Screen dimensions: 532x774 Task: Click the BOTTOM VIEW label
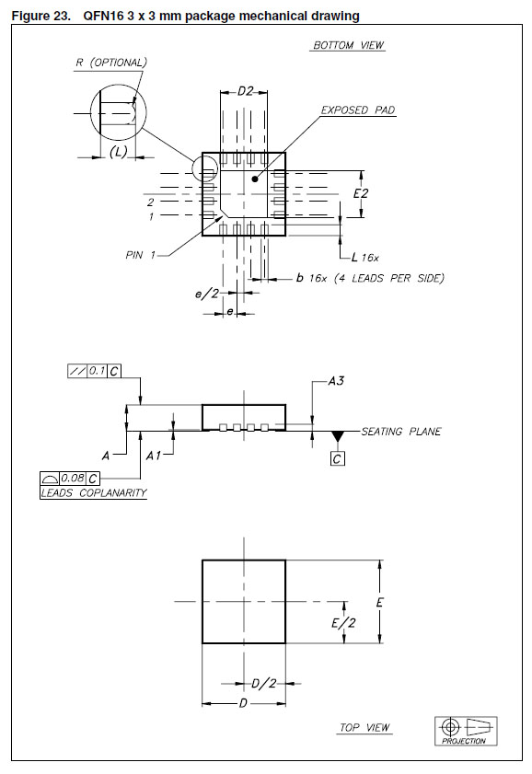pos(349,45)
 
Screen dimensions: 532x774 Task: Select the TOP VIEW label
pos(364,728)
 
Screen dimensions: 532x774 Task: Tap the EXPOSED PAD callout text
pos(358,110)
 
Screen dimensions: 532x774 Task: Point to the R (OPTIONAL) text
pos(111,63)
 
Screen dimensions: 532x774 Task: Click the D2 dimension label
pos(245,91)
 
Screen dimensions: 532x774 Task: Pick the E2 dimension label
pos(361,193)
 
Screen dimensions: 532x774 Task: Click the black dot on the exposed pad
pos(255,179)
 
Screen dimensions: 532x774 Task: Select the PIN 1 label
pos(141,255)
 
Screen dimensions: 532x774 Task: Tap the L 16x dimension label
pos(365,257)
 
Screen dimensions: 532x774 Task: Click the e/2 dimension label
pos(207,294)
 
